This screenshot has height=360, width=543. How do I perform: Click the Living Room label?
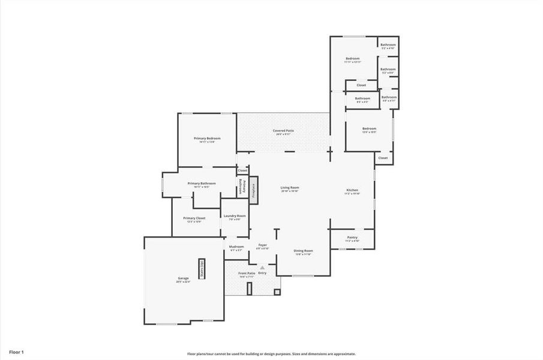290,188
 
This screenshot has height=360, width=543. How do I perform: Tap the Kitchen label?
352,191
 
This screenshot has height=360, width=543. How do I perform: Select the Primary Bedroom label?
204,139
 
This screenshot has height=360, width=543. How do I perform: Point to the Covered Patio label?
283,131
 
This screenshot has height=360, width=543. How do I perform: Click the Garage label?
183,278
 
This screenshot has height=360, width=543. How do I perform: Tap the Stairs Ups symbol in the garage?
202,268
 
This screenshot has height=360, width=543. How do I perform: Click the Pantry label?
352,238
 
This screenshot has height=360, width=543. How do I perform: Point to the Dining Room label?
303,251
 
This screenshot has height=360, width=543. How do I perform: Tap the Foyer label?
262,245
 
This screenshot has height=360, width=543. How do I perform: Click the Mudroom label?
236,247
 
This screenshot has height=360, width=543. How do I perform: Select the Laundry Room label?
235,216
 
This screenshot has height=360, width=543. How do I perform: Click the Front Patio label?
247,274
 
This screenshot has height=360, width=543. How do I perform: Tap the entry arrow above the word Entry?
262,267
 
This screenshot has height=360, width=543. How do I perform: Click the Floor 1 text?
16,352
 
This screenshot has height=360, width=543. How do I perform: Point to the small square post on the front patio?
277,292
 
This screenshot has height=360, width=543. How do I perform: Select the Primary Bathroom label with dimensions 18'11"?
202,184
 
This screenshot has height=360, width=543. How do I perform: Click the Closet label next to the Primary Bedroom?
242,170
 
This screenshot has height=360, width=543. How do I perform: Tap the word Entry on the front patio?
263,273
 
